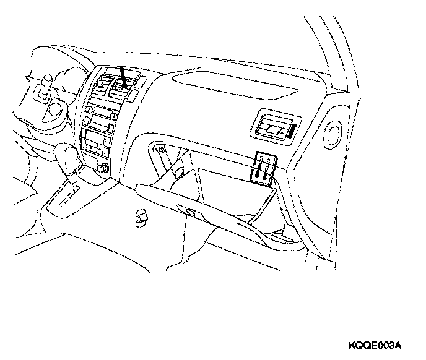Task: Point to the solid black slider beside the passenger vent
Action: tap(290, 131)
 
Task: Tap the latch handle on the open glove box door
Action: tap(187, 211)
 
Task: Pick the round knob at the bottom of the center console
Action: tap(102, 167)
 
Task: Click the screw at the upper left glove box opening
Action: tap(160, 149)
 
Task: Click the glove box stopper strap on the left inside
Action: tap(176, 169)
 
